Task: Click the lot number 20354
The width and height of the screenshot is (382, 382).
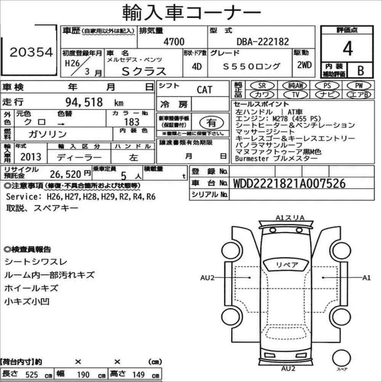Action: pyautogui.click(x=31, y=52)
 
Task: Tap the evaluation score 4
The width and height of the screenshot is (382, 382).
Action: pyautogui.click(x=348, y=48)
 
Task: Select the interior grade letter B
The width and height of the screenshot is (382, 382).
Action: pyautogui.click(x=361, y=71)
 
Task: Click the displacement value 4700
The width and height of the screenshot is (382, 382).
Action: pyautogui.click(x=174, y=42)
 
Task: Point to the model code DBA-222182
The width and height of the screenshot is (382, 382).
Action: pyautogui.click(x=263, y=42)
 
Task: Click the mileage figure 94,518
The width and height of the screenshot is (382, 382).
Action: pyautogui.click(x=84, y=102)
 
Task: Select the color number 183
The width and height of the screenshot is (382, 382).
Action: pyautogui.click(x=132, y=122)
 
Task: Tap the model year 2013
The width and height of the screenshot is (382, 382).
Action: pyautogui.click(x=31, y=157)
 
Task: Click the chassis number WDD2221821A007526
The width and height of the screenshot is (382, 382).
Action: pyautogui.click(x=289, y=183)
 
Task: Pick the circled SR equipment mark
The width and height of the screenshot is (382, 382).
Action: pyautogui.click(x=262, y=85)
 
